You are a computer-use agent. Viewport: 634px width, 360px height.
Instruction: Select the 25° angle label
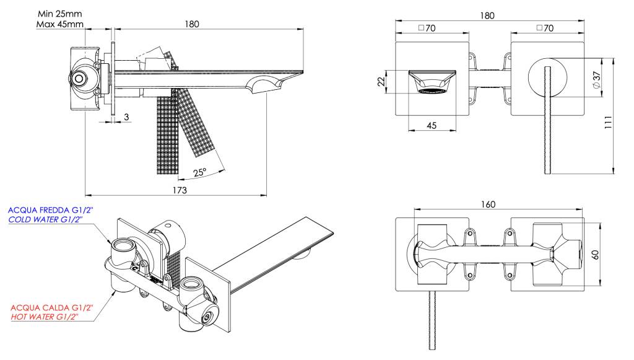tap(199, 173)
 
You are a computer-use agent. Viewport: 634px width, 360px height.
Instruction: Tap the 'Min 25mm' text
tap(59, 13)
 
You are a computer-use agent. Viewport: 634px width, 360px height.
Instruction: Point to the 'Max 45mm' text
tap(59, 25)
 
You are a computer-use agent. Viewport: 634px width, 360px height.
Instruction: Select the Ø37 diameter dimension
tap(596, 79)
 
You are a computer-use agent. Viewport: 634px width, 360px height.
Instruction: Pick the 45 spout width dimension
tap(432, 125)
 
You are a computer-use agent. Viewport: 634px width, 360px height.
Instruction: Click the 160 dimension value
tap(487, 204)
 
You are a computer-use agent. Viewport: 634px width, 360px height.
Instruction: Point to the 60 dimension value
tap(596, 253)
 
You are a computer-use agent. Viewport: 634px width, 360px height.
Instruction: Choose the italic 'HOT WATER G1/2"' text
tap(48, 317)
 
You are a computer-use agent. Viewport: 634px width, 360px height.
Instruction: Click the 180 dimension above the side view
tap(193, 24)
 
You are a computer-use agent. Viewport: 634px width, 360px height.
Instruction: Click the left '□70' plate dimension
tap(427, 28)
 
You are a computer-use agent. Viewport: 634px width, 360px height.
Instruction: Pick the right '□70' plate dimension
tap(545, 28)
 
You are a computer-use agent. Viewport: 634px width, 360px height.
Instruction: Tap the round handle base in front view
tap(547, 79)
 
